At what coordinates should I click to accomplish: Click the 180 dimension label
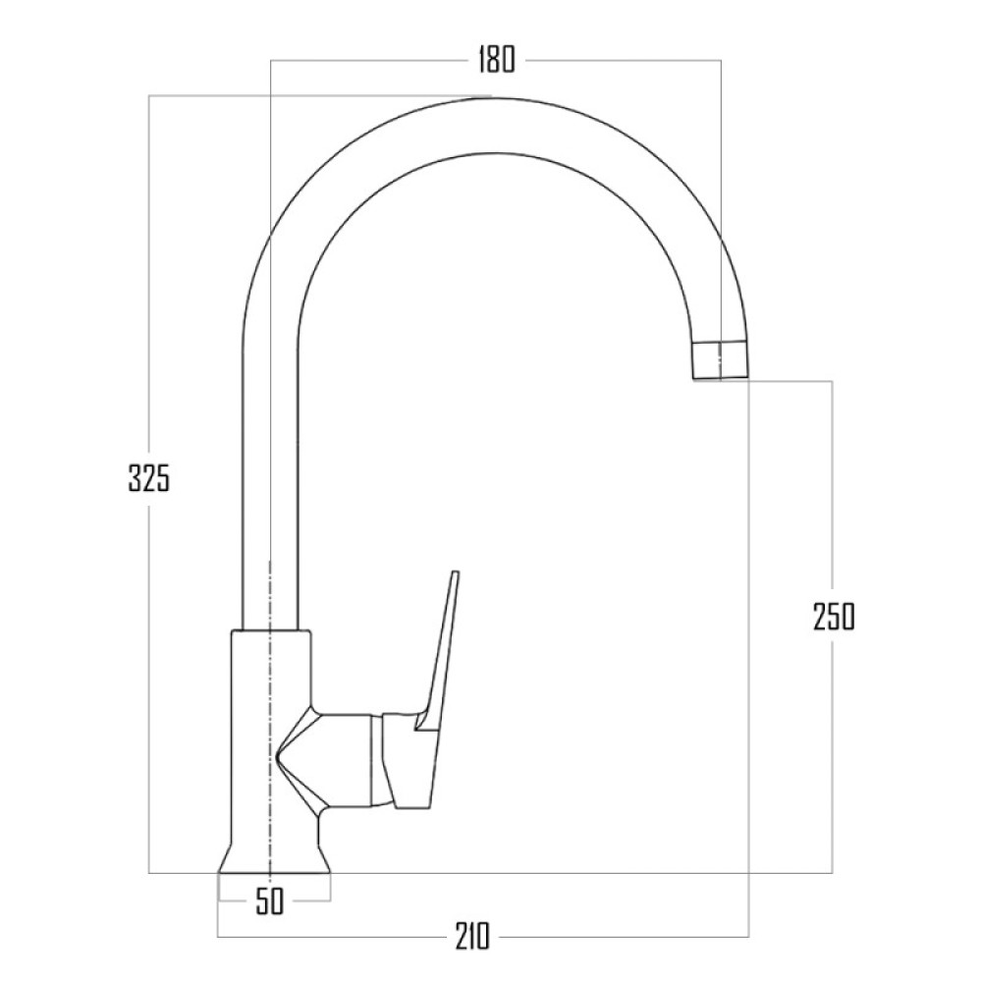497,60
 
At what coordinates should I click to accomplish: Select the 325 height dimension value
149,479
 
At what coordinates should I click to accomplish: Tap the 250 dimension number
834,617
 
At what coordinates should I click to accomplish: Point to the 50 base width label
270,901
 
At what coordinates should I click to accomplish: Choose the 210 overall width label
471,937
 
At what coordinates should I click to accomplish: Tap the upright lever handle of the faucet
438,651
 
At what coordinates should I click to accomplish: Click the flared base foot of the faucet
274,858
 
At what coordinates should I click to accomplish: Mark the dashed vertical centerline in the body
270,717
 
